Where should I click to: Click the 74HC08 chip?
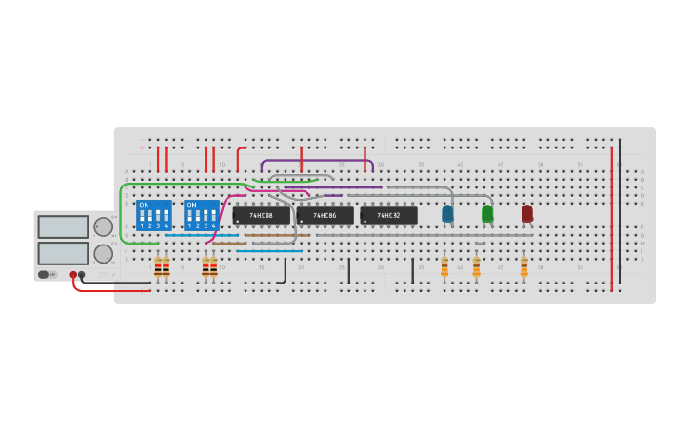click(x=261, y=216)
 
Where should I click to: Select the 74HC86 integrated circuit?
click(x=325, y=216)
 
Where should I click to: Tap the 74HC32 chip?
click(x=388, y=216)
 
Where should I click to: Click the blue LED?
click(x=447, y=213)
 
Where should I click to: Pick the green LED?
click(x=487, y=213)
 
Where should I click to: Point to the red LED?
click(x=527, y=213)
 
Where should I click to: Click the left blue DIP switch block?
click(x=153, y=216)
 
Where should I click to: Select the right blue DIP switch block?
click(x=201, y=216)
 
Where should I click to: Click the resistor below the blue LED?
click(x=444, y=266)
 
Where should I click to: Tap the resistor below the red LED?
click(x=523, y=266)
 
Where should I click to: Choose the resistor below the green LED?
click(x=476, y=266)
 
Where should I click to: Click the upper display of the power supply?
click(x=63, y=226)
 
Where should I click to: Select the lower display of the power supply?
click(x=63, y=253)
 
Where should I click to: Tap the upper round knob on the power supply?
click(x=103, y=226)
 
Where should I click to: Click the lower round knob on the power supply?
click(x=103, y=254)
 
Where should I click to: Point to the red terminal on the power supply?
click(x=73, y=274)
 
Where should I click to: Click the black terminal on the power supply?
click(x=82, y=274)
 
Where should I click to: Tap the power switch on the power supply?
click(x=44, y=274)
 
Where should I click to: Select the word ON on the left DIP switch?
click(x=144, y=205)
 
